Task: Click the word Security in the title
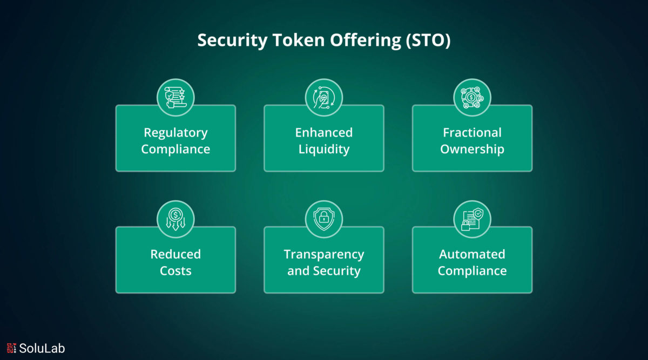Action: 232,40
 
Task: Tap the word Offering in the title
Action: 366,40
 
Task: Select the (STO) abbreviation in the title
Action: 428,40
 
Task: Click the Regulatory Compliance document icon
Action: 175,98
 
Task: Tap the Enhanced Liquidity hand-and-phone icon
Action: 324,98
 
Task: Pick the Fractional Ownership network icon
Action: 472,98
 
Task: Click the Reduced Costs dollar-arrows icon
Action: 175,220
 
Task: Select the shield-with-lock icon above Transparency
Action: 324,219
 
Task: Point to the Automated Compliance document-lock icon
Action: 472,219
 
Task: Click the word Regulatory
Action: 175,133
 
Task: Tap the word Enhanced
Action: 324,132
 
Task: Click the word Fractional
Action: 472,132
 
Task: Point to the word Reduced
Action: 175,254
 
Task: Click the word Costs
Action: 175,271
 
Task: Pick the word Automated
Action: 472,254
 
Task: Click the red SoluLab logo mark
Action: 11,348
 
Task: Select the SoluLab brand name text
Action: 42,348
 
